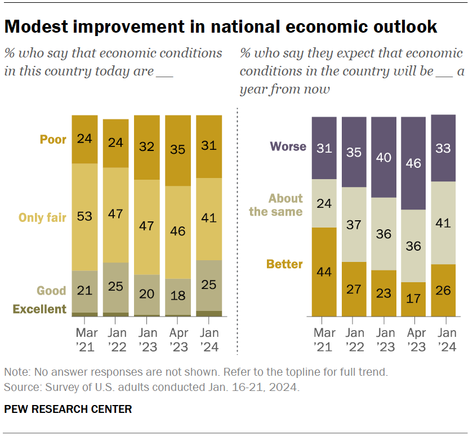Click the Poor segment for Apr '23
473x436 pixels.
click(178, 150)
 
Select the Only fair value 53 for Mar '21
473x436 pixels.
click(84, 217)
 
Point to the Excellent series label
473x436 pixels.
click(39, 309)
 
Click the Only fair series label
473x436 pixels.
click(43, 217)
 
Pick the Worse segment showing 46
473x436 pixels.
click(413, 163)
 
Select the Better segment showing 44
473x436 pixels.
click(324, 272)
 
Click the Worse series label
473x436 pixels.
click(288, 146)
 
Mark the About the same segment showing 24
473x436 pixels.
click(324, 203)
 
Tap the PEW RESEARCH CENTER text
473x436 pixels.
click(68, 410)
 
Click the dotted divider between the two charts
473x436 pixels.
click(237, 225)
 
